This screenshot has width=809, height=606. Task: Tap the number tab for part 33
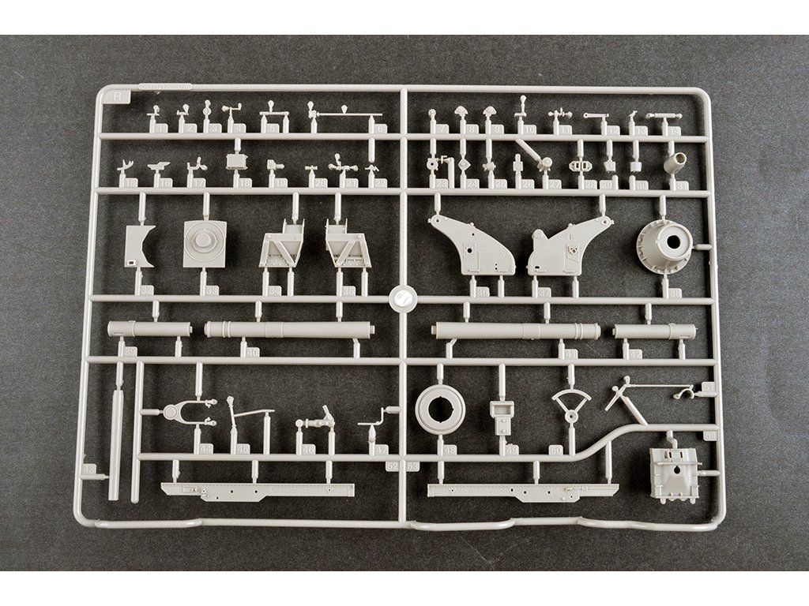pyautogui.click(x=211, y=290)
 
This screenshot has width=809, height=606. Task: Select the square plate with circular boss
pyautogui.click(x=205, y=244)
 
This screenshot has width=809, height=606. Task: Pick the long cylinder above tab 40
pyautogui.click(x=288, y=328)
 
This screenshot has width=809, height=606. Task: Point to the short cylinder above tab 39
pyautogui.click(x=149, y=327)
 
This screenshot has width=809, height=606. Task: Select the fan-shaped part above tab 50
pyautogui.click(x=570, y=404)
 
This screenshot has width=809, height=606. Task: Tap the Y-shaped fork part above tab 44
pyautogui.click(x=186, y=411)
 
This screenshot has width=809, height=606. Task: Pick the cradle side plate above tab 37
pyautogui.click(x=568, y=246)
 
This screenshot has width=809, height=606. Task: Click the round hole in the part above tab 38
pyautogui.click(x=677, y=241)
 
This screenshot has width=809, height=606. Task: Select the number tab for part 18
pyautogui.click(x=246, y=182)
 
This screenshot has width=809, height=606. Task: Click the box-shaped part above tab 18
pyautogui.click(x=236, y=161)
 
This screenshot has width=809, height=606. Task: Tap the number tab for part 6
pyautogui.click(x=382, y=129)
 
